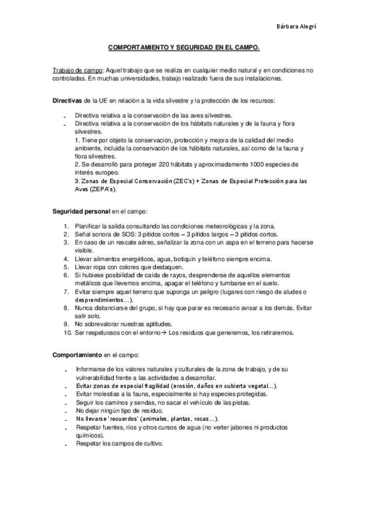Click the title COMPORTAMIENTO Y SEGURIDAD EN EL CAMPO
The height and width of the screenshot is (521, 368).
coord(184,47)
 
